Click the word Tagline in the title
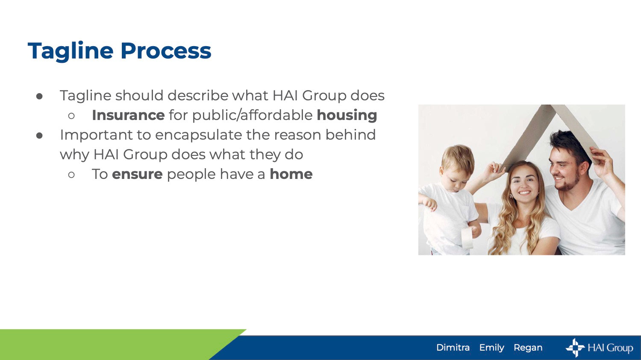point(71,51)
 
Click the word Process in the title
point(166,51)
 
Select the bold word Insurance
point(128,115)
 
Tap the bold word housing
point(347,116)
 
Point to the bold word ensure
point(137,174)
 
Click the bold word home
point(291,174)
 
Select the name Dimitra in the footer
point(453,348)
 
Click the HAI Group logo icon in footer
point(575,348)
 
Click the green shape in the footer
point(109,345)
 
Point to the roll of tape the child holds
point(467,237)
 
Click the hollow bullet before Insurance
point(71,116)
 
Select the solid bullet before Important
point(39,136)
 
